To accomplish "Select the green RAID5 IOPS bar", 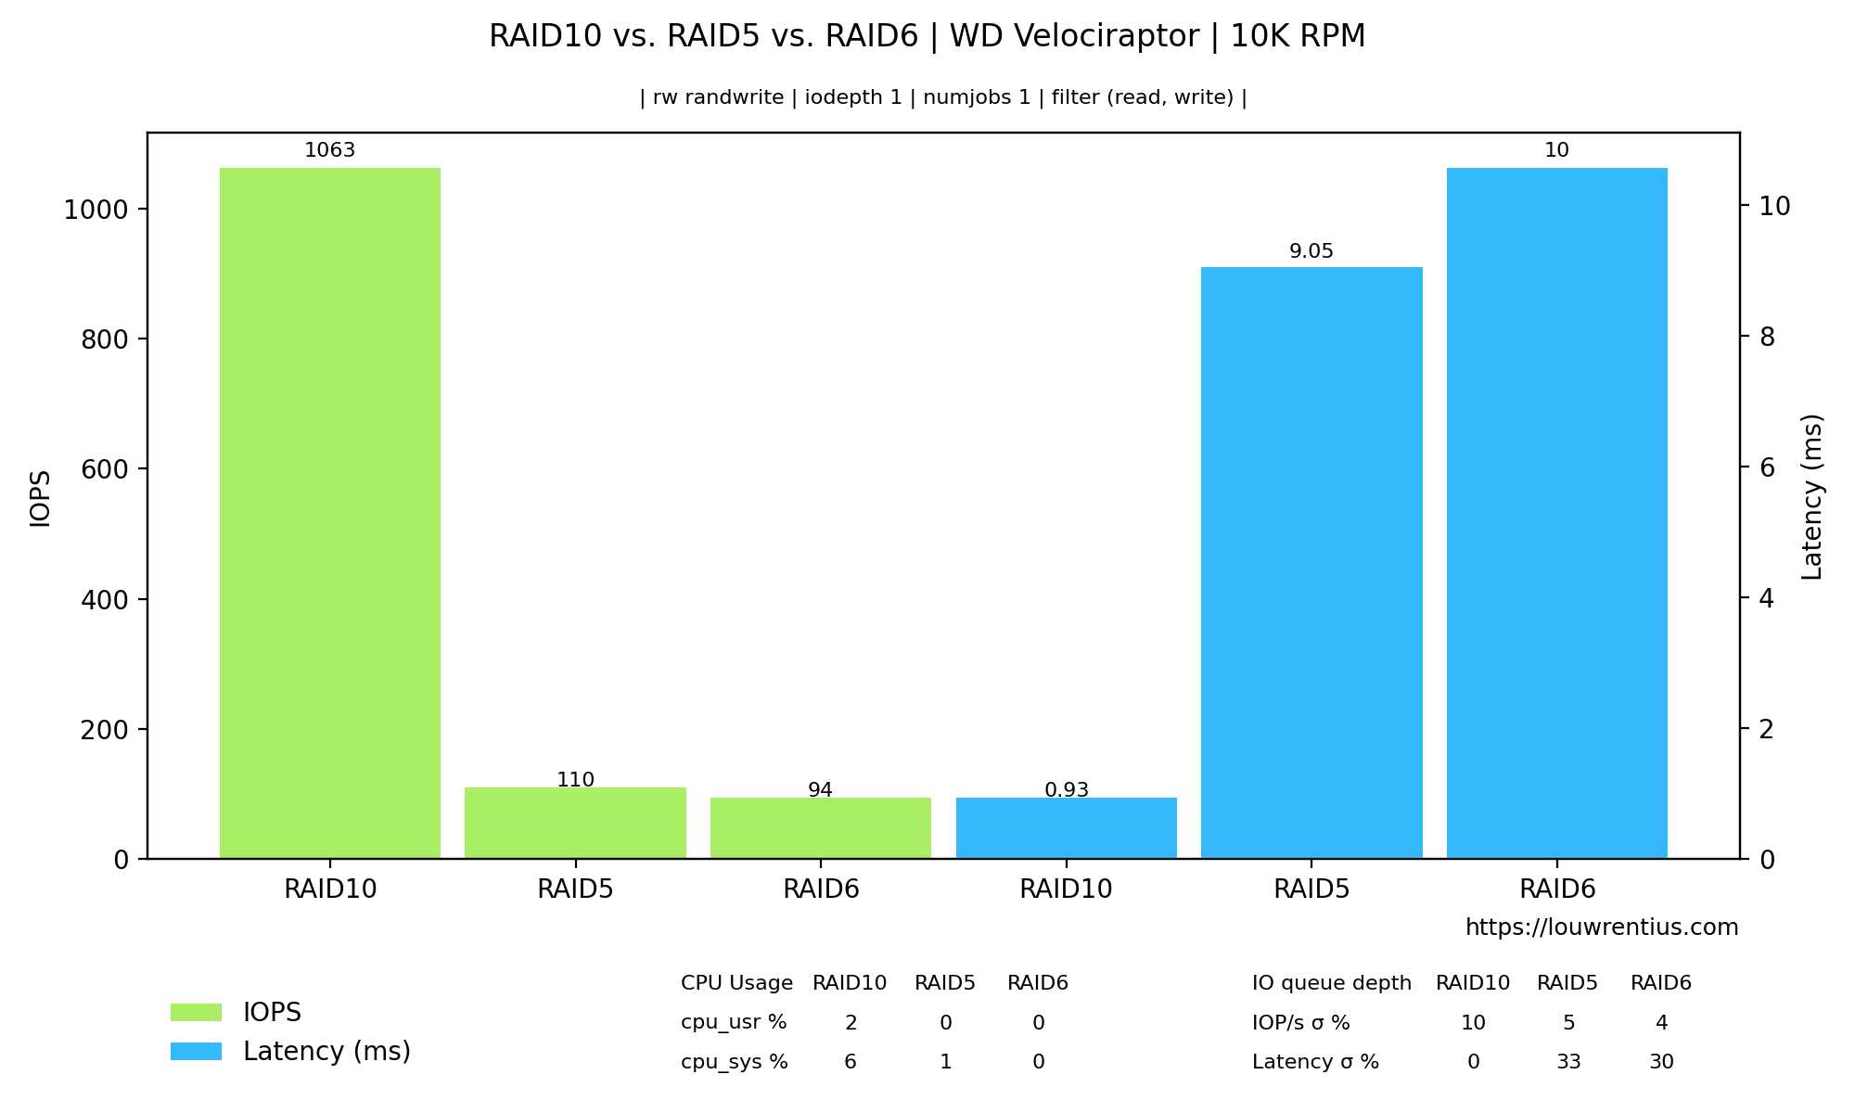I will (575, 823).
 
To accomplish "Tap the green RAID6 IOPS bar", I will (820, 828).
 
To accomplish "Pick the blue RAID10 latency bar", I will (1066, 828).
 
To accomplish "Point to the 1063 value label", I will (330, 150).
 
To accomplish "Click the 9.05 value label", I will (1311, 251).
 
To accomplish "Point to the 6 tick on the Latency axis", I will (1768, 467).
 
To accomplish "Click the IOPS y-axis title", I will (41, 499).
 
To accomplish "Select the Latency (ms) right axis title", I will (1812, 497).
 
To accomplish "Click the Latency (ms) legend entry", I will (326, 1052).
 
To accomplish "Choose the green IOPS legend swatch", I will (196, 1013).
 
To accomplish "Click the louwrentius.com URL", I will (1602, 927).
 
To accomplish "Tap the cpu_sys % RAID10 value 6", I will (851, 1062).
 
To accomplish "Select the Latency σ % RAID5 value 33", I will (1568, 1062).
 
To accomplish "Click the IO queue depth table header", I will (1331, 983).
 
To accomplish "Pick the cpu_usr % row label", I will (734, 1023).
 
